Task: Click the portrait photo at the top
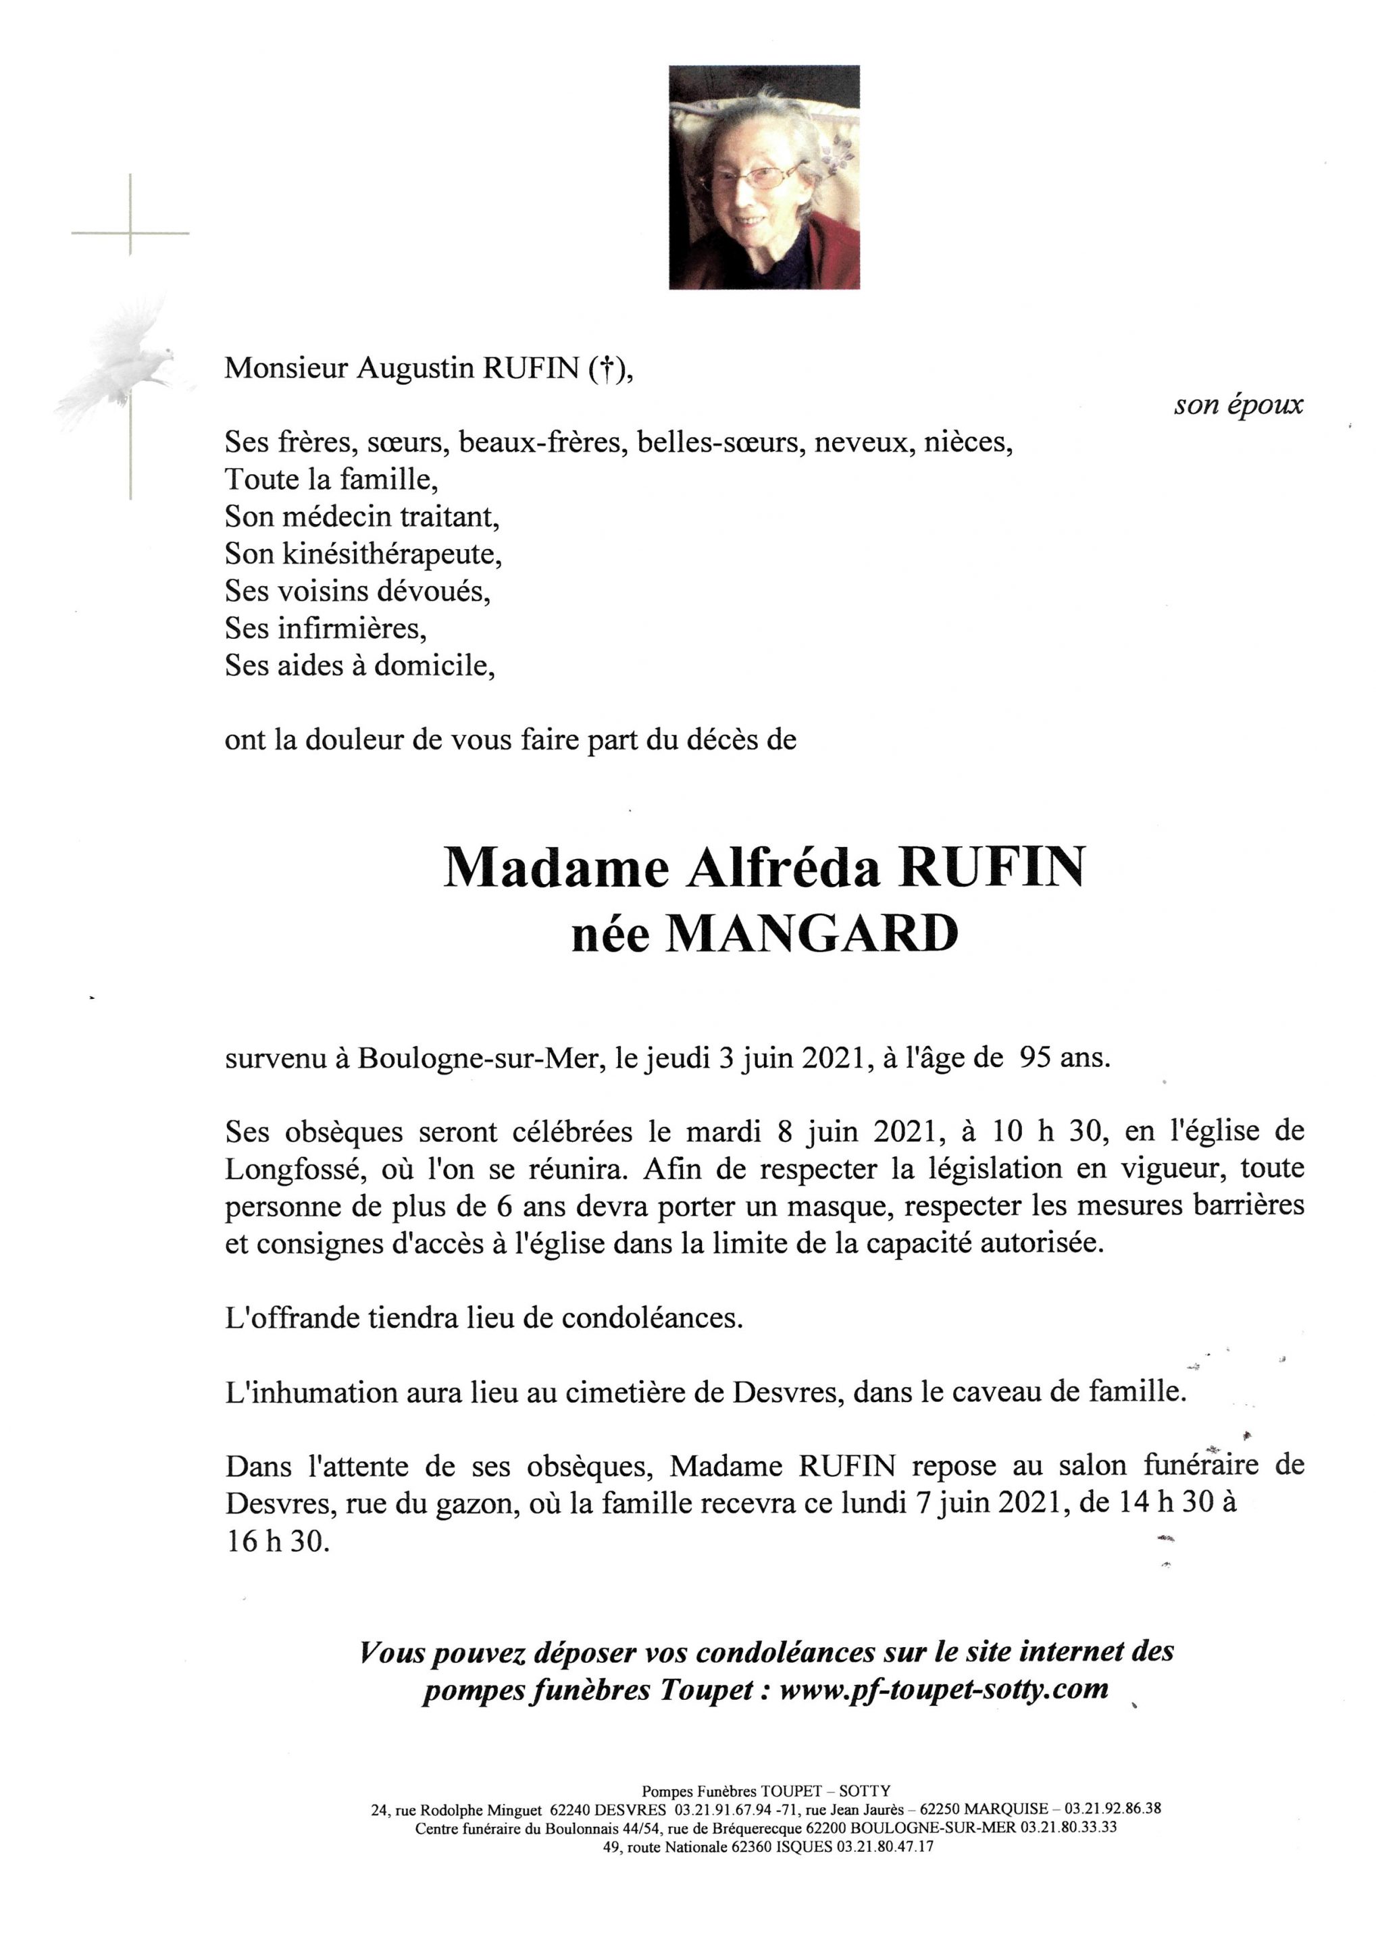pos(763,177)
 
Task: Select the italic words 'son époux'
pos(1238,406)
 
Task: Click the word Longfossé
pos(286,1169)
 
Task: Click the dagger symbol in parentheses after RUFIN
pos(605,369)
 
